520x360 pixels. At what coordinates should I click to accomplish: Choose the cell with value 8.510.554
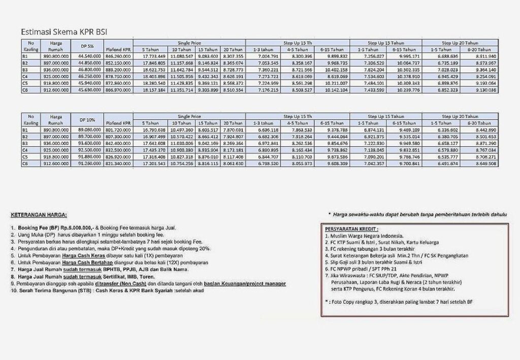pyautogui.click(x=233, y=90)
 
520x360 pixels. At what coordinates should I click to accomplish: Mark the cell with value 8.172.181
pyautogui.click(x=233, y=150)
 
